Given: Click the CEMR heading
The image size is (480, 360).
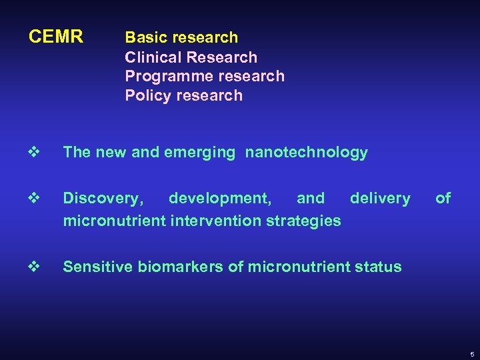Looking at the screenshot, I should (x=56, y=37).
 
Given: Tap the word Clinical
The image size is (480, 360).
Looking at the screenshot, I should (x=150, y=57).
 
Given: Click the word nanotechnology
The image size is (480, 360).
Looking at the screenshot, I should (x=306, y=153).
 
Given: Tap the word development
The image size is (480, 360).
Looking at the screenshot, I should (x=219, y=199).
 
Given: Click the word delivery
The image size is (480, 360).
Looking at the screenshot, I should (x=380, y=198).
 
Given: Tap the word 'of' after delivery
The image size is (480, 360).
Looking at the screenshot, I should (x=443, y=198).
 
